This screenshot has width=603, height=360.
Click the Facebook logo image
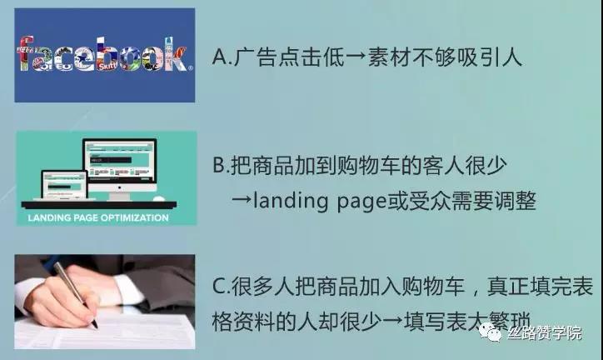(105, 55)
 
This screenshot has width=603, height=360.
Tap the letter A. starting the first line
(221, 57)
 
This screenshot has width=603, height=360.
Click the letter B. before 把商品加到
(221, 166)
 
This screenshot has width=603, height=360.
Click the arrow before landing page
(240, 202)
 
